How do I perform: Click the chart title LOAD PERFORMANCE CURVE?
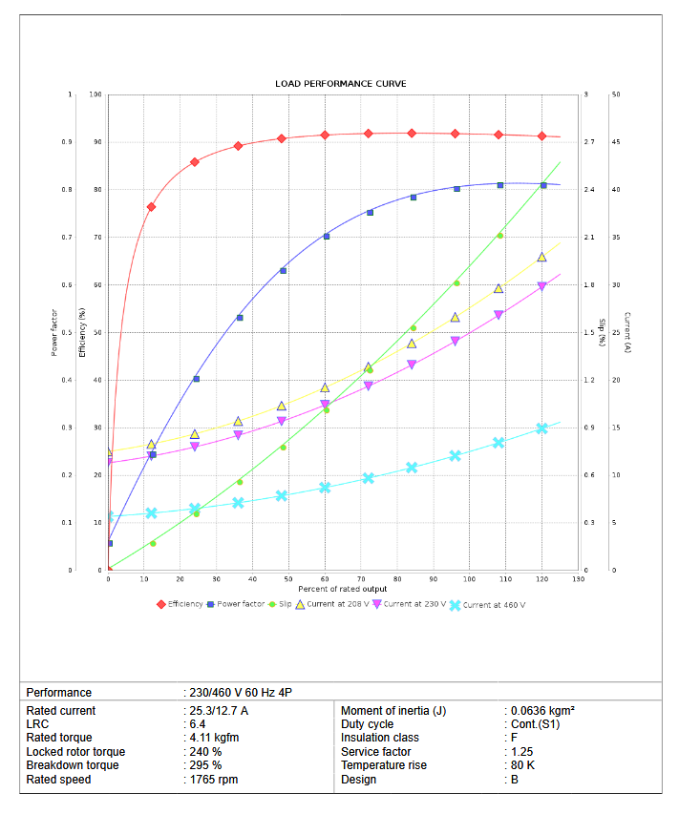pyautogui.click(x=340, y=84)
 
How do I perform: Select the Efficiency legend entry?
pyautogui.click(x=184, y=604)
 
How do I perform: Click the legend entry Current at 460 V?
pyautogui.click(x=494, y=604)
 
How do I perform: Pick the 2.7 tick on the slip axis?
pyautogui.click(x=589, y=142)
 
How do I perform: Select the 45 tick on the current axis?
pyautogui.click(x=616, y=142)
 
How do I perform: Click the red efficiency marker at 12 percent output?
pyautogui.click(x=151, y=206)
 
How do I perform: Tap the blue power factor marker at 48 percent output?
pyautogui.click(x=283, y=271)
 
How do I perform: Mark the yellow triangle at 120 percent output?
pyautogui.click(x=541, y=258)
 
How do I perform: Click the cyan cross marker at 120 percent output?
pyautogui.click(x=541, y=428)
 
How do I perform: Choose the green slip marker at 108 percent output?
pyautogui.click(x=499, y=236)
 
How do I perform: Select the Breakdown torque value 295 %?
pyautogui.click(x=204, y=765)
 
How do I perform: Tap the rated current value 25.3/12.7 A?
pyautogui.click(x=219, y=711)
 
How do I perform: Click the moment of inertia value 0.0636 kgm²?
pyautogui.click(x=541, y=711)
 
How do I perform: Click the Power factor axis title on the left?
pyautogui.click(x=54, y=332)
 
